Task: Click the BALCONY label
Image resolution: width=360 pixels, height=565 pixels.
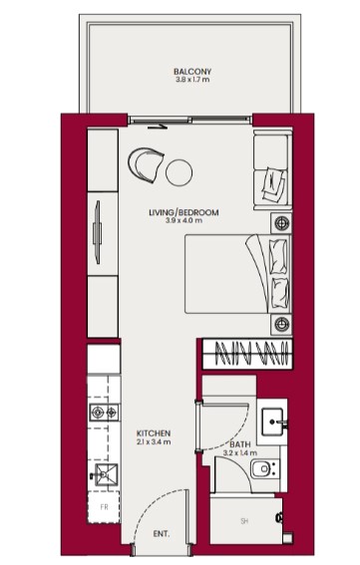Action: pos(192,72)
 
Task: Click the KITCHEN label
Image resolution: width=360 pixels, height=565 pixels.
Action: pos(154,433)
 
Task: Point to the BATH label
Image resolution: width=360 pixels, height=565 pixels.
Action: pos(240,445)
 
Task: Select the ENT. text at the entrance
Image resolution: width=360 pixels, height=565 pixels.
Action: pos(161,534)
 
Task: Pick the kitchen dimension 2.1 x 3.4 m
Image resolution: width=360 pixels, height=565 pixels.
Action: pos(154,442)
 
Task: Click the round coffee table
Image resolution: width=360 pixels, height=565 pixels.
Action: pos(179,171)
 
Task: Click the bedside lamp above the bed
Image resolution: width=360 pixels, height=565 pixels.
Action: pos(282,221)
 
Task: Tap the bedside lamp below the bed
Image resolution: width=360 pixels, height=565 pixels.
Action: pos(282,323)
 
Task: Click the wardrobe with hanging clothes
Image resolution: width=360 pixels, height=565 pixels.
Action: pos(248,354)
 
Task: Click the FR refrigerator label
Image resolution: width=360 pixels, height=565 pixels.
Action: pos(104,507)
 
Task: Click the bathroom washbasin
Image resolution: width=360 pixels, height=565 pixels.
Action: pos(274,422)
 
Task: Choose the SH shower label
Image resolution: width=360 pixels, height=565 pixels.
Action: pos(243,521)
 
